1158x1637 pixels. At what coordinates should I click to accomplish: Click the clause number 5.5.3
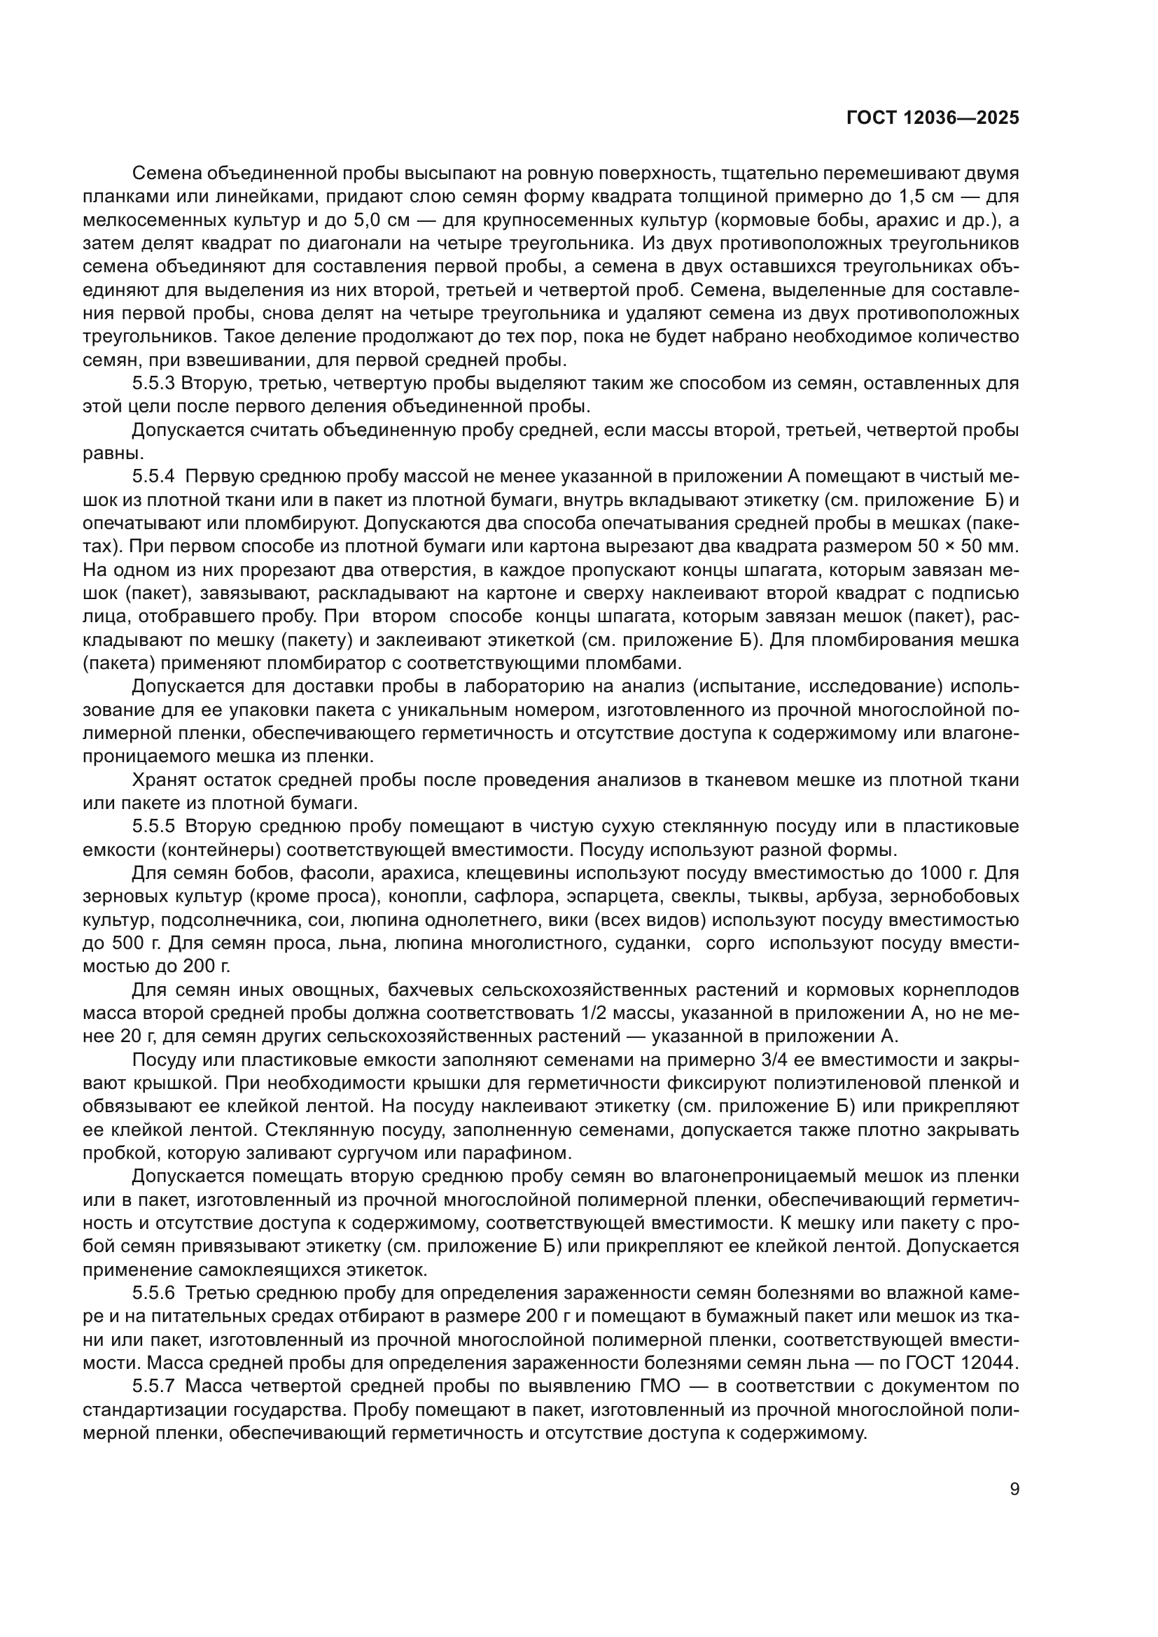point(153,384)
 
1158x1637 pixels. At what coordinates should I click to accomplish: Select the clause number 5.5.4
point(153,477)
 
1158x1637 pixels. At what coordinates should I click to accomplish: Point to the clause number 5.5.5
point(153,827)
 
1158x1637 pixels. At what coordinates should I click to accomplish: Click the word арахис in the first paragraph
point(874,220)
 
